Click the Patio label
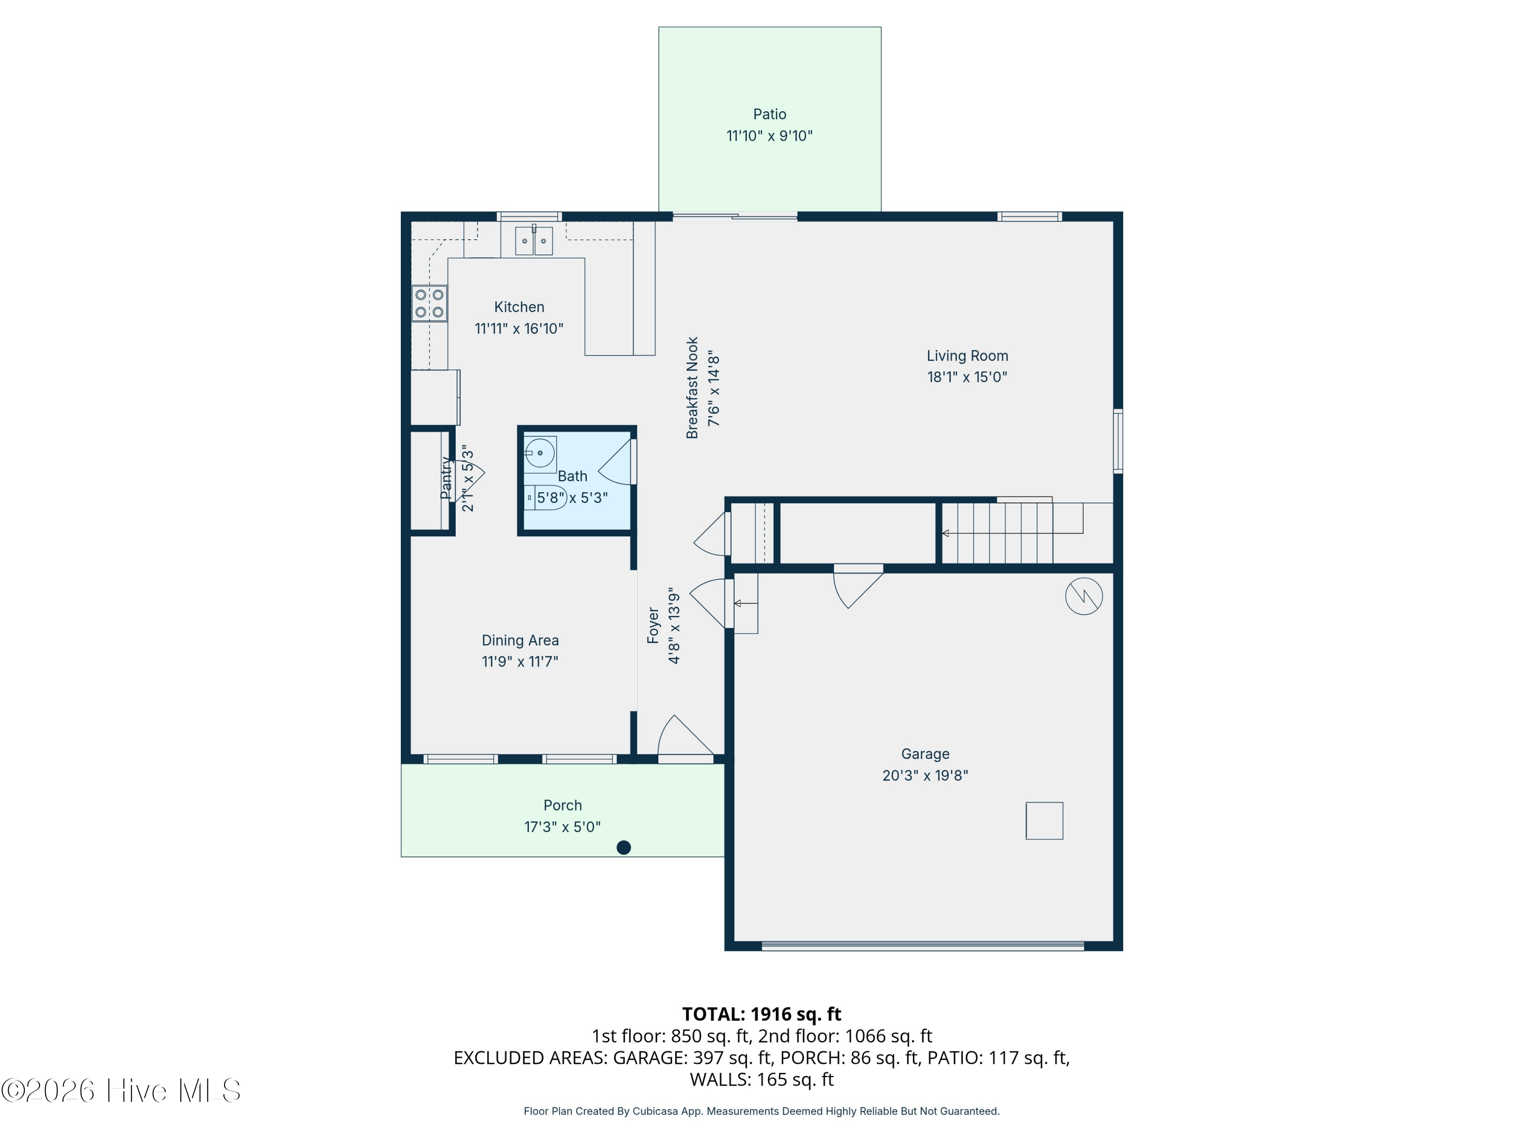(x=769, y=114)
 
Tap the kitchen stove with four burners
(x=429, y=303)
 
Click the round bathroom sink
(x=540, y=453)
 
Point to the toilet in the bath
(x=546, y=497)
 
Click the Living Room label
(x=967, y=356)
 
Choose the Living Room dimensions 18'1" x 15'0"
(x=967, y=377)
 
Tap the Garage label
(x=925, y=754)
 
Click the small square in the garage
(x=1044, y=820)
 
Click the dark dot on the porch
(x=623, y=847)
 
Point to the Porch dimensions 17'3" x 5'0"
(x=562, y=827)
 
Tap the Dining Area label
(x=520, y=641)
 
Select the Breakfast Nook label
(x=692, y=388)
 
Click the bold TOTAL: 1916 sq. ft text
(x=761, y=1014)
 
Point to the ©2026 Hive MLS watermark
(x=121, y=1091)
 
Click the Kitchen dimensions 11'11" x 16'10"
(x=519, y=329)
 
